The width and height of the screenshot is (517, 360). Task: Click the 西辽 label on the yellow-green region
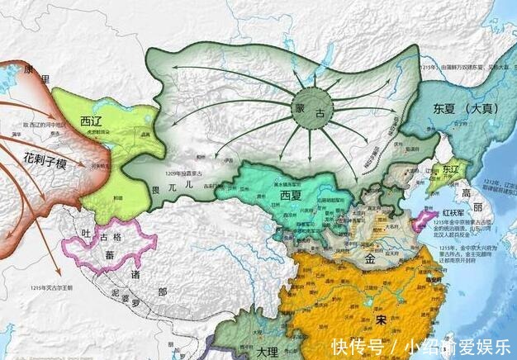[91, 121]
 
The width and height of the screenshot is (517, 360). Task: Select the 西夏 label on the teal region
[290, 195]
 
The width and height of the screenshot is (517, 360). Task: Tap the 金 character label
[368, 258]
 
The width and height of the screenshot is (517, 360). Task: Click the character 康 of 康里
[30, 69]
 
